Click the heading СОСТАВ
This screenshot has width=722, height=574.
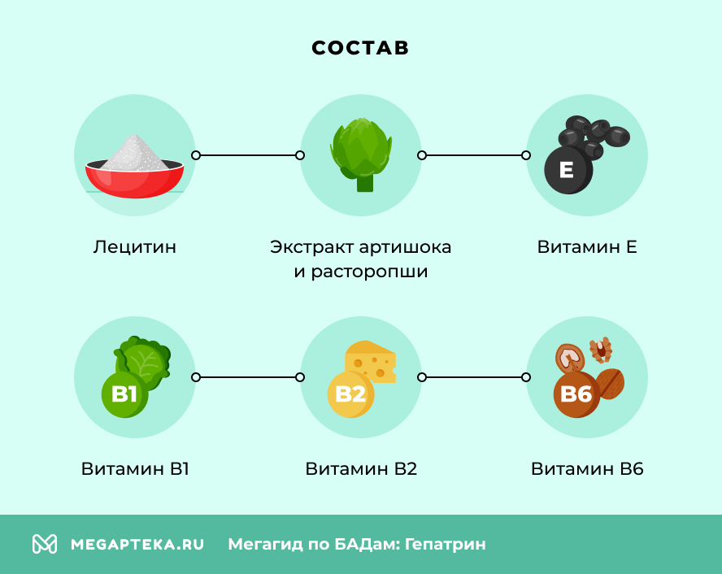point(360,48)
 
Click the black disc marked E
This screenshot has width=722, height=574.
point(568,170)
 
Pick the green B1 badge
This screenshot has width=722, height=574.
point(124,395)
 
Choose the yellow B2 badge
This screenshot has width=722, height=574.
point(350,395)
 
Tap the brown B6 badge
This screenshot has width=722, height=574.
point(576,395)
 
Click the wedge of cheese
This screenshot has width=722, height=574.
point(371,362)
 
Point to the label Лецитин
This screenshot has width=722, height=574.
point(135,246)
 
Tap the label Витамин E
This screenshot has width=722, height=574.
point(587,246)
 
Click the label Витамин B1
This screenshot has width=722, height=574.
point(135,469)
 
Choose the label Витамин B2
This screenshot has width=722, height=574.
point(361,469)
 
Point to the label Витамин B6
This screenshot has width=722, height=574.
point(587,469)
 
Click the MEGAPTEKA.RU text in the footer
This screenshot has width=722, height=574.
point(137,544)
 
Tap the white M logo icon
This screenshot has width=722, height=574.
point(45,544)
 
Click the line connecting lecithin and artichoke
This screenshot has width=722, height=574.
point(248,154)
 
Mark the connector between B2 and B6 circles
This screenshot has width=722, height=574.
point(474,377)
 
